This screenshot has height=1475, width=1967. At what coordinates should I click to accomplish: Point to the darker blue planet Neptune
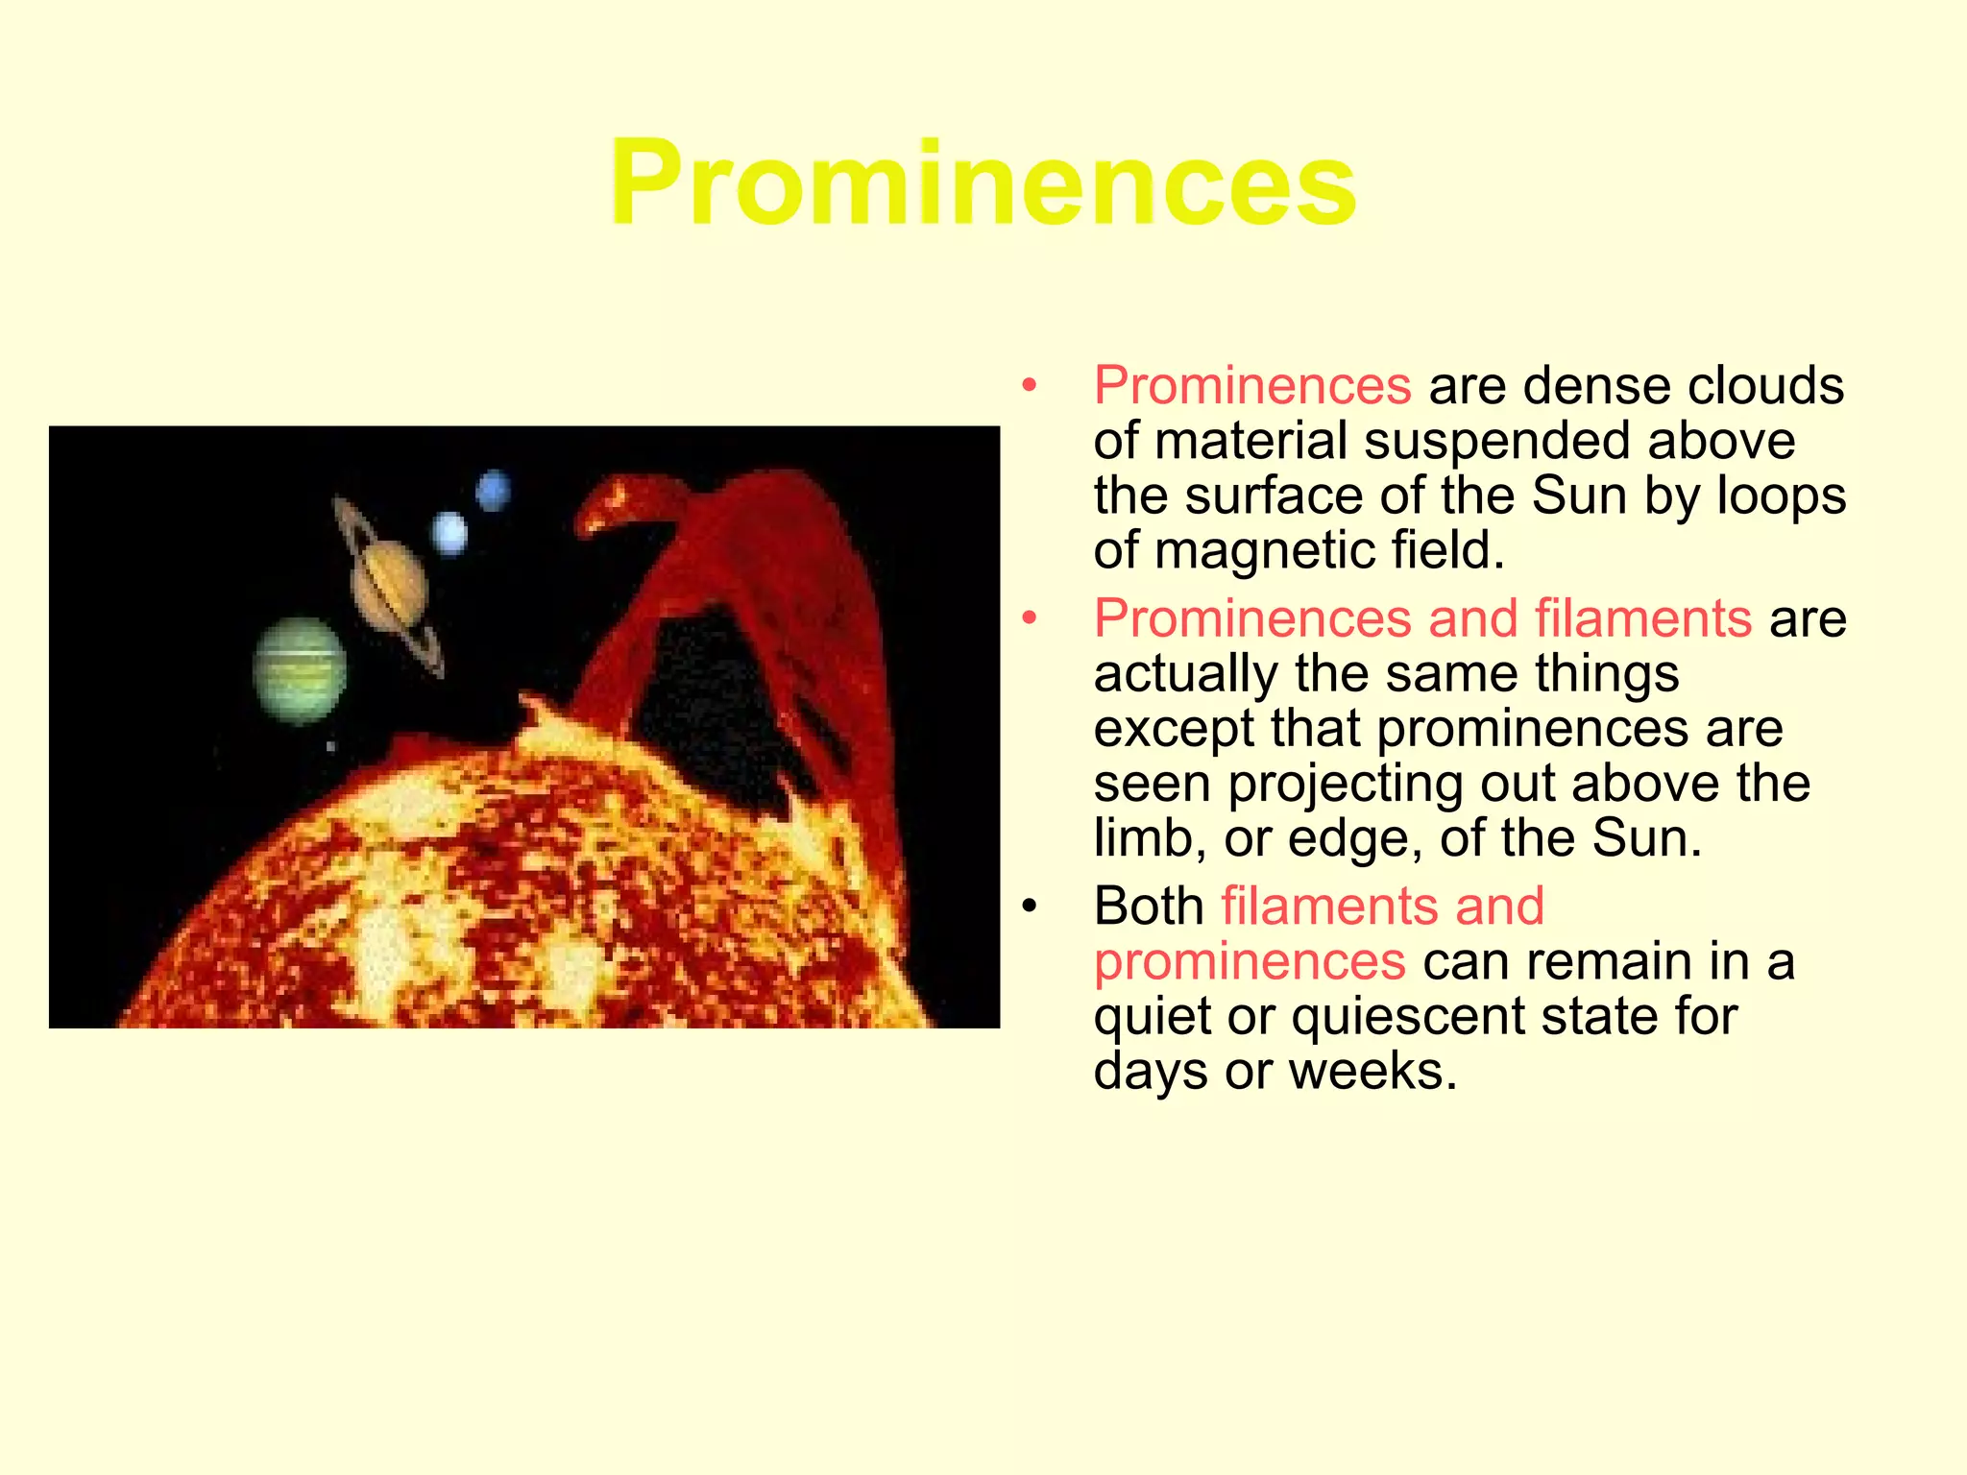[493, 491]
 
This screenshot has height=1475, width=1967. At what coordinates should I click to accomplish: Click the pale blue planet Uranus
[449, 533]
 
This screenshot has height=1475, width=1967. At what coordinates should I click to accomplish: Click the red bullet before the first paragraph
[1030, 386]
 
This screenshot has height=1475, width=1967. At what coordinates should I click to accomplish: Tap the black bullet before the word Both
[1030, 907]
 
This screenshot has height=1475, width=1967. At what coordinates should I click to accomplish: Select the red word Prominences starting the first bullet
[1252, 386]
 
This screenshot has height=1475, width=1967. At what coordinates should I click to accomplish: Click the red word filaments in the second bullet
[1643, 617]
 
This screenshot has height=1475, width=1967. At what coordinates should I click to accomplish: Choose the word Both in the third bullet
[1149, 906]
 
